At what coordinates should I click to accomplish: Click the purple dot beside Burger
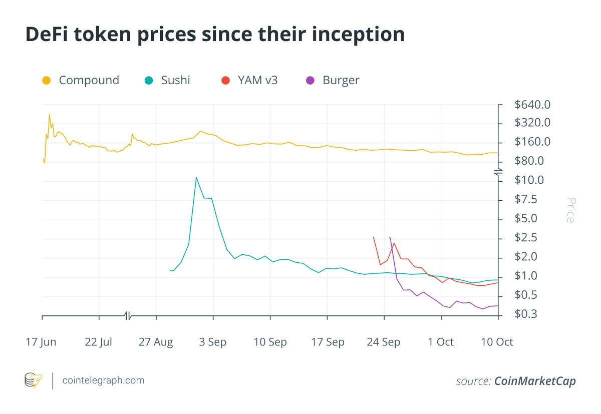tap(311, 80)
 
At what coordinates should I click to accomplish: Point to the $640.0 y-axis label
tap(532, 105)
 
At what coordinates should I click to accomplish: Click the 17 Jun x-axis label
tap(41, 342)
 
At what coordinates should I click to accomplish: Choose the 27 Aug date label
tap(156, 342)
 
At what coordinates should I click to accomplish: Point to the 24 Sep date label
tap(384, 342)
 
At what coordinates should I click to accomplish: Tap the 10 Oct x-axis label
tap(497, 342)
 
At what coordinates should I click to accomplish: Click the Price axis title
tap(570, 210)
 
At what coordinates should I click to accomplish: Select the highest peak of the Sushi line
tap(196, 177)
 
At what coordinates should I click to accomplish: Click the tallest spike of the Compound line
tap(49, 115)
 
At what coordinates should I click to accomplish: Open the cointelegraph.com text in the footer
tap(104, 380)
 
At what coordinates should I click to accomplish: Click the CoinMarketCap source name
tap(535, 381)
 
